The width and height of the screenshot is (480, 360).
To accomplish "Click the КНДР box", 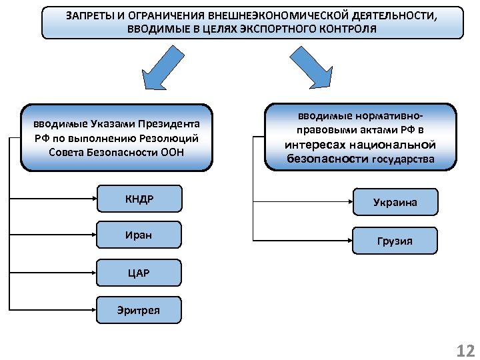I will click(x=138, y=198).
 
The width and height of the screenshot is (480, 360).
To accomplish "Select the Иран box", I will click(x=138, y=235).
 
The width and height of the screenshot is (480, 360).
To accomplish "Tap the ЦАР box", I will click(x=138, y=273).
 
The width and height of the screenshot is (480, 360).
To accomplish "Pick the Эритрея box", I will click(x=138, y=310).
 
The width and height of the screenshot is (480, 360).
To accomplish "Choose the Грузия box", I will click(x=395, y=241).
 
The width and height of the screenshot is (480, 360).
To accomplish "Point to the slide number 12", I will click(x=463, y=351).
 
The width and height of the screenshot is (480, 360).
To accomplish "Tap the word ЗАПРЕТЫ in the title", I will click(x=91, y=15).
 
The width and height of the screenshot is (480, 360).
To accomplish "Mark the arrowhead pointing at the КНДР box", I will click(x=93, y=198).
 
